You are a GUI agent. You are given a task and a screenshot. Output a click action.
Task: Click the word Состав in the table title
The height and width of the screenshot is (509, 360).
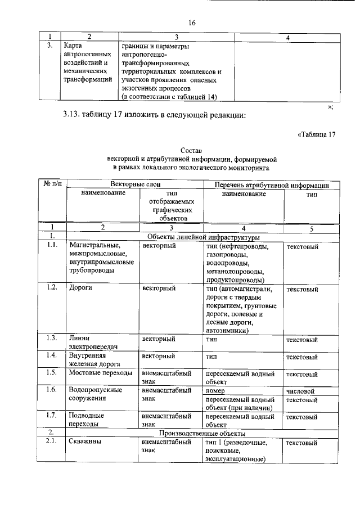click(191, 151)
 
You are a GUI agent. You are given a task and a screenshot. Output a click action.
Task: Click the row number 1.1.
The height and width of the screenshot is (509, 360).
click(51, 246)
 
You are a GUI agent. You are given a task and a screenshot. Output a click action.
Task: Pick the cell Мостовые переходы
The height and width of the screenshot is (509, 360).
click(100, 372)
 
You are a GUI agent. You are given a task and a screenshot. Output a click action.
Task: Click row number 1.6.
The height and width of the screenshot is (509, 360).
click(51, 390)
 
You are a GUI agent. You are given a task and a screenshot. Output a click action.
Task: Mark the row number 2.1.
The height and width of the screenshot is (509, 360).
click(51, 442)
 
